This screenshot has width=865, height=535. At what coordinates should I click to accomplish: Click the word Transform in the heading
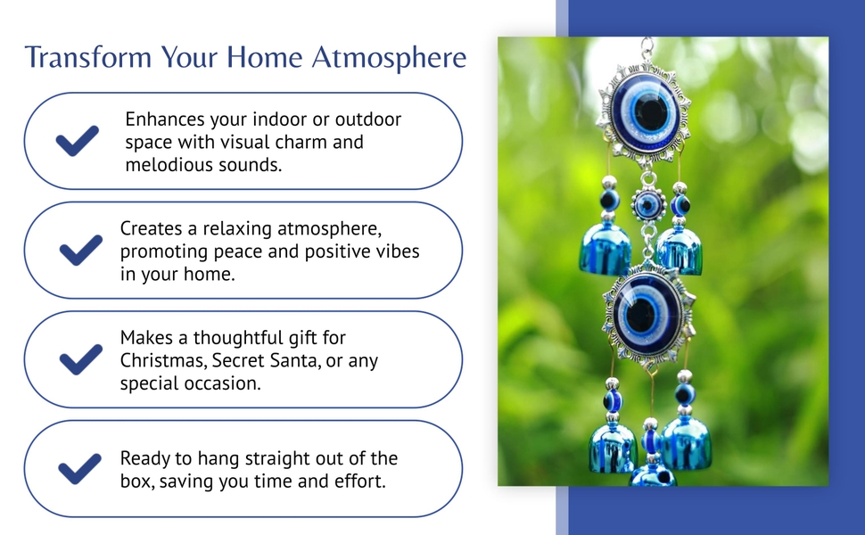tap(88, 57)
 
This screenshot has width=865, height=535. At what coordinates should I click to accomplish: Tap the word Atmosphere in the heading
tap(389, 58)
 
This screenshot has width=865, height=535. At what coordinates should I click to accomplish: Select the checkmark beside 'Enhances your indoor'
tap(78, 141)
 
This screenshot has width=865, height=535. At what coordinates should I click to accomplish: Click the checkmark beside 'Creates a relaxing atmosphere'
tap(80, 250)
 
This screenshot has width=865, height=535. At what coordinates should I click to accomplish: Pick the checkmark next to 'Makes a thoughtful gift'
tap(80, 359)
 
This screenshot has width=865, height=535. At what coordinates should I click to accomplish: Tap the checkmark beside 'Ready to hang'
tap(80, 469)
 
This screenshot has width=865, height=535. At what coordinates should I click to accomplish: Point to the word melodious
tap(168, 164)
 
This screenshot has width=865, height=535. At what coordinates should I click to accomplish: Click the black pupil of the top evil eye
tap(650, 112)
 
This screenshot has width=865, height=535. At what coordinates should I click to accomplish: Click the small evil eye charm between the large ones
tap(649, 204)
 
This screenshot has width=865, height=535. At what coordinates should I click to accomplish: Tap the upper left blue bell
tap(605, 250)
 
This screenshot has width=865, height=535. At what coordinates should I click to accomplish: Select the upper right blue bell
tap(680, 251)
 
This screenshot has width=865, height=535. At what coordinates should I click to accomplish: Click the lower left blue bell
tap(613, 448)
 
